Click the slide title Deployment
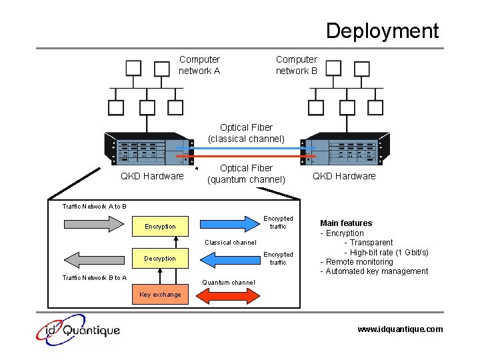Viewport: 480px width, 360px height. point(382,31)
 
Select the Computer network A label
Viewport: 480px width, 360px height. point(199,65)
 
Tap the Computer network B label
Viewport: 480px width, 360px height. point(297,65)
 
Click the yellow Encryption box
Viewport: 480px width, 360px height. point(161,227)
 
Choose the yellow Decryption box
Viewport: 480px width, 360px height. point(161,259)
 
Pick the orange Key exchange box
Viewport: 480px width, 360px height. point(161,295)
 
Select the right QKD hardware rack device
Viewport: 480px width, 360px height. point(344,149)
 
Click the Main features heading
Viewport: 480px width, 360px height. point(346,223)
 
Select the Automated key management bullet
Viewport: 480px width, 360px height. point(374,271)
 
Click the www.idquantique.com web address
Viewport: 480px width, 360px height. point(400,329)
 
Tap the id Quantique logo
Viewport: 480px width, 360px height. point(78,329)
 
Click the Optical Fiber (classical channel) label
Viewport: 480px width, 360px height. point(246,133)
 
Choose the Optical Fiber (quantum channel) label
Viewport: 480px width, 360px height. point(246,174)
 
